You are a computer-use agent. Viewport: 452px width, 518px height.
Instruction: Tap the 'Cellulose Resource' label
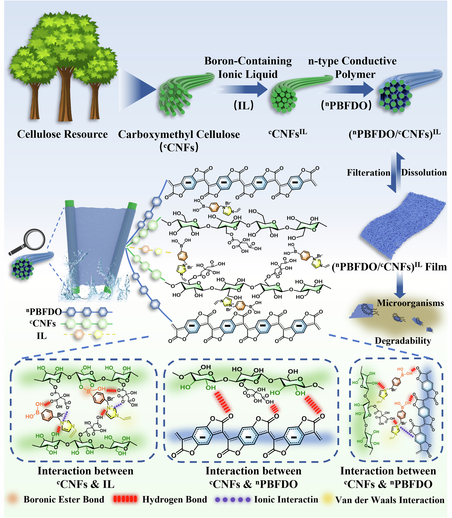(x=62, y=134)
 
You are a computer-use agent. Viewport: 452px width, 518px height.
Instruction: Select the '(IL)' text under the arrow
(x=244, y=105)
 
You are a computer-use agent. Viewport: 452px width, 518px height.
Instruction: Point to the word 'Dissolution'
(x=424, y=172)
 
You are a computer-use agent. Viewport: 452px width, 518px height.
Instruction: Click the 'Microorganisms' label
(x=410, y=303)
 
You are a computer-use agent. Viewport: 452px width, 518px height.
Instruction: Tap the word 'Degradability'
(x=403, y=341)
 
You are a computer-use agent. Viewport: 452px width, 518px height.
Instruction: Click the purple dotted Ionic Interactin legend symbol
(x=233, y=499)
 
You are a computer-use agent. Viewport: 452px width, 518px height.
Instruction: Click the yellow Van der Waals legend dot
(x=327, y=499)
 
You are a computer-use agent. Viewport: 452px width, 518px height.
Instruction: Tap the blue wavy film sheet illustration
(x=401, y=224)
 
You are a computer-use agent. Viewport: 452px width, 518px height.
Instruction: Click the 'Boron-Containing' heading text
(x=248, y=61)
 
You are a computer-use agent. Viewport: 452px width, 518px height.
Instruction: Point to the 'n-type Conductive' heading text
(x=352, y=61)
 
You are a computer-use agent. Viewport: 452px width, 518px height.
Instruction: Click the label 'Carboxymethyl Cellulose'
(x=179, y=134)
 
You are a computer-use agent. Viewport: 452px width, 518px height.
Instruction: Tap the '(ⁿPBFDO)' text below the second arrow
(x=346, y=105)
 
